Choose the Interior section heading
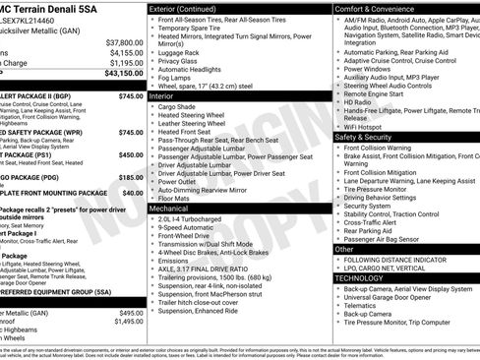pyautogui.click(x=162, y=97)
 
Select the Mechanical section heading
pyautogui.click(x=169, y=209)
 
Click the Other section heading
pyautogui.click(x=344, y=250)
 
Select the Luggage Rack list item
pyautogui.click(x=183, y=52)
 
